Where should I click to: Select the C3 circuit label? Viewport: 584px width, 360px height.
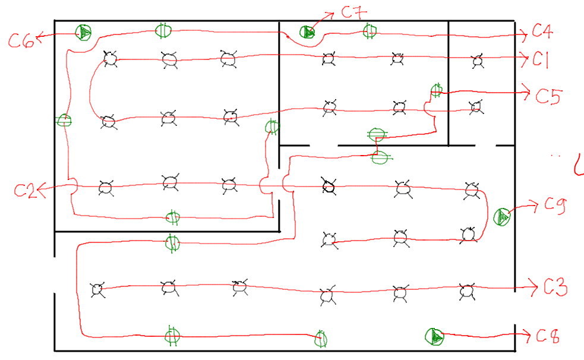tap(555, 288)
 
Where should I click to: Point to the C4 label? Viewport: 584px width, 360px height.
tap(543, 32)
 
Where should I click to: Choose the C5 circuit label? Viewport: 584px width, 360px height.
tap(549, 95)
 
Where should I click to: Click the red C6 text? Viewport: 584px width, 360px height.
tap(20, 40)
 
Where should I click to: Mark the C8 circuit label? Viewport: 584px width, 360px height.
tap(548, 336)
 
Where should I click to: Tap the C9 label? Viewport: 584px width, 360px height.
tap(557, 205)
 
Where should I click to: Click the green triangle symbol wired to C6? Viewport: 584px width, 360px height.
tap(84, 32)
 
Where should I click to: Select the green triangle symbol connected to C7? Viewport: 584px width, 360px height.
tap(307, 32)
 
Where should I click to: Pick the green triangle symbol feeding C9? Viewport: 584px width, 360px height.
tap(502, 217)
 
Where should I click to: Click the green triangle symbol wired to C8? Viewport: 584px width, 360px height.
tap(434, 337)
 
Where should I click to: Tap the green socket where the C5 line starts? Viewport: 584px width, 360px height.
tap(437, 90)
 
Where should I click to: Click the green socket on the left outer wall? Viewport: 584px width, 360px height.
tap(64, 121)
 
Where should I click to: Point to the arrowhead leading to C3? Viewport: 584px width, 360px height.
tap(533, 288)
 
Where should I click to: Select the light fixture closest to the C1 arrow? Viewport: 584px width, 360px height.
tap(477, 60)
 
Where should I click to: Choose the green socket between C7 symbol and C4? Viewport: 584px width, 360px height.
tap(370, 31)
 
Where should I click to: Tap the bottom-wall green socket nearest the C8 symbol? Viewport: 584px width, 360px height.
tap(321, 338)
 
